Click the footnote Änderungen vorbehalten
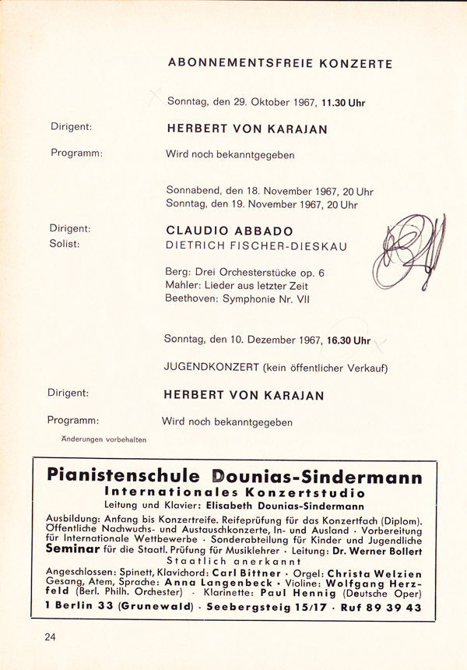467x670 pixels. tap(104, 439)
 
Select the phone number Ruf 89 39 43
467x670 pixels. tap(377, 606)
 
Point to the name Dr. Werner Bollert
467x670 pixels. tap(377, 548)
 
